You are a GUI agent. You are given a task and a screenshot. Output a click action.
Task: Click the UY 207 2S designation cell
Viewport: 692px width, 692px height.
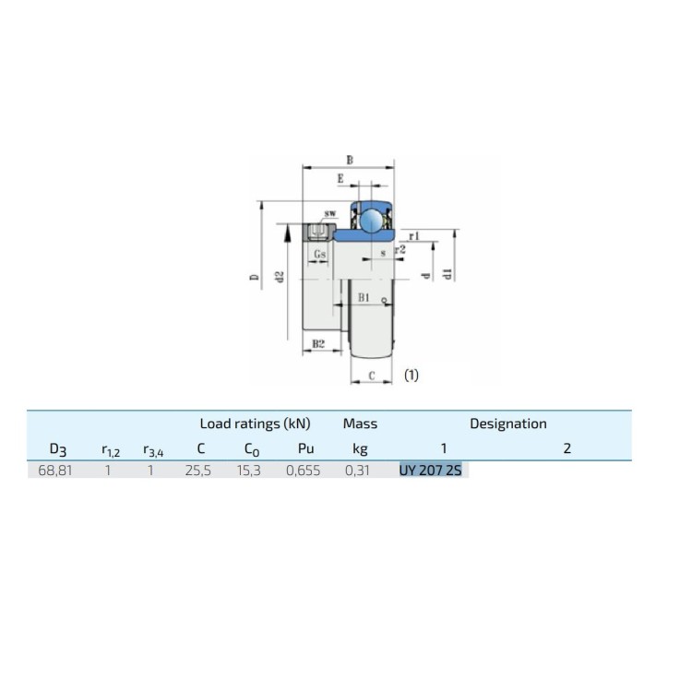click(x=430, y=471)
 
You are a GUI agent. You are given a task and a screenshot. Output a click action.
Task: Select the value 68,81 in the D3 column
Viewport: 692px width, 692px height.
click(x=55, y=471)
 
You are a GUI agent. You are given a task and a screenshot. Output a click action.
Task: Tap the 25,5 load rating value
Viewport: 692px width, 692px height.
click(x=198, y=471)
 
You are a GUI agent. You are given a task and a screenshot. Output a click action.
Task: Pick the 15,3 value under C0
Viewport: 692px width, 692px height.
click(x=249, y=471)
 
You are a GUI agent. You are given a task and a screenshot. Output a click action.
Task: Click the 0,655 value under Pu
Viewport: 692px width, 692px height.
click(x=304, y=471)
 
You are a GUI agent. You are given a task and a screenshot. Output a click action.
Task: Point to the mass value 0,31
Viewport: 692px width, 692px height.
click(x=357, y=471)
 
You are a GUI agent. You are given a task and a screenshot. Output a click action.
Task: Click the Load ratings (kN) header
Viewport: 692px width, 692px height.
click(x=255, y=424)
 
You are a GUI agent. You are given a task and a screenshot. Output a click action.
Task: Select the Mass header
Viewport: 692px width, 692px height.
click(x=360, y=424)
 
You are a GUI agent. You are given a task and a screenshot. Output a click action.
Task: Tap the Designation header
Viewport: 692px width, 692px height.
click(x=508, y=424)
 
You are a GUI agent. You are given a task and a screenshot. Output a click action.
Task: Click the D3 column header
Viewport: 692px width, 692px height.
click(x=58, y=449)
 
